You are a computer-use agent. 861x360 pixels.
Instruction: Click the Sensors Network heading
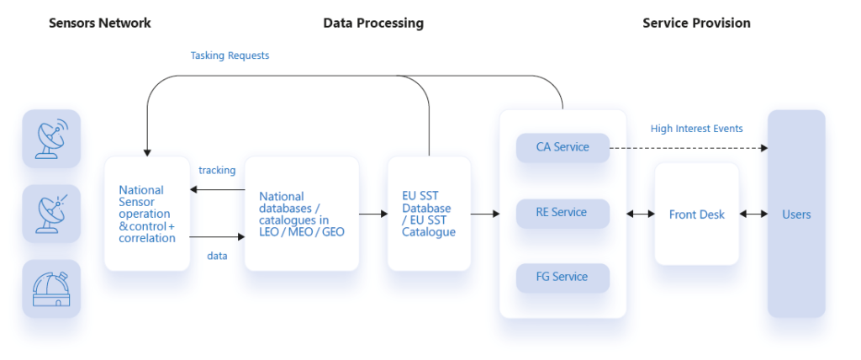click(x=100, y=23)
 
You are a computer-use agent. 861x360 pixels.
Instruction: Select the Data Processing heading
click(x=373, y=23)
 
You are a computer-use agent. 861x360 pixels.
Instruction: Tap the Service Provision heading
click(x=696, y=23)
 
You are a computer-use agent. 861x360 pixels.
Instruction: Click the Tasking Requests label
click(x=230, y=56)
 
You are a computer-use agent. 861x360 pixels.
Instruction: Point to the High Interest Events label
click(x=697, y=129)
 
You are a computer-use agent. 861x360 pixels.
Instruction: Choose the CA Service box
click(x=563, y=147)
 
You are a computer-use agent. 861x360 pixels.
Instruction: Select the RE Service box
click(x=563, y=213)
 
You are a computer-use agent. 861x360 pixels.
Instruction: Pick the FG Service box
click(x=563, y=278)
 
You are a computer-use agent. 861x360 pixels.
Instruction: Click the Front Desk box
click(x=697, y=214)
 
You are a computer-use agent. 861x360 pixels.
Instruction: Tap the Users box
click(x=796, y=214)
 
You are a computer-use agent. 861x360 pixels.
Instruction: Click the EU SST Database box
click(x=429, y=214)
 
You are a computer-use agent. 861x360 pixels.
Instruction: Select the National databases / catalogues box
click(x=302, y=214)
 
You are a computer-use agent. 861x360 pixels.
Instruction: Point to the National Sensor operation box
click(x=147, y=214)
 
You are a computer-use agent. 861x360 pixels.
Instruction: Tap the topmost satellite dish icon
click(x=51, y=139)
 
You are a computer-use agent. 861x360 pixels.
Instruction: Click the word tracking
click(x=217, y=171)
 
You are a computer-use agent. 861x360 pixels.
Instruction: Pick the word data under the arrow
click(x=217, y=257)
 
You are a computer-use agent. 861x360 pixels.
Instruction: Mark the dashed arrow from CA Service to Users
click(x=689, y=148)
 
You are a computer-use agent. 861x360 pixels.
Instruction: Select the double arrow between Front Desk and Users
click(x=753, y=214)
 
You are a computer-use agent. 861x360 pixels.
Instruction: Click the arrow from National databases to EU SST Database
click(x=373, y=214)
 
